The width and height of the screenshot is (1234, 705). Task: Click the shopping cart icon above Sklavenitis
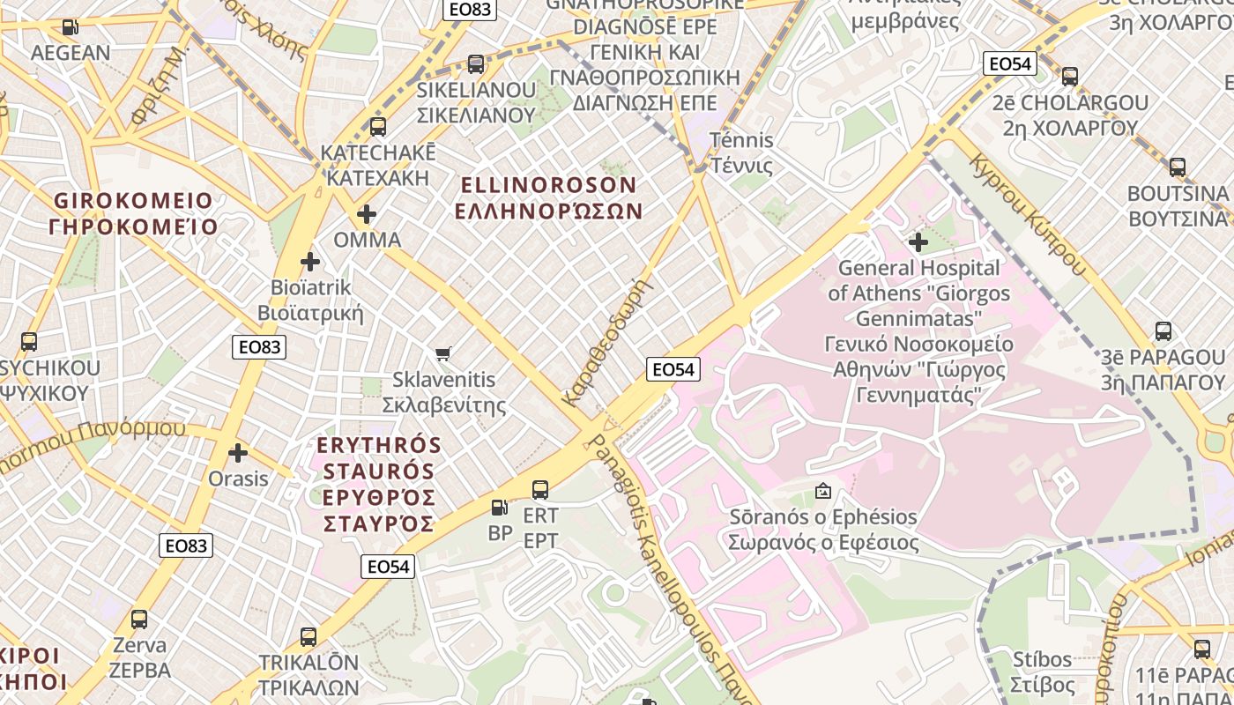pyautogui.click(x=443, y=353)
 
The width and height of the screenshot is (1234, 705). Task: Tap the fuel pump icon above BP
pyautogui.click(x=499, y=507)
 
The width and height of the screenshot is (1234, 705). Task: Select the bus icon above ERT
pyautogui.click(x=540, y=489)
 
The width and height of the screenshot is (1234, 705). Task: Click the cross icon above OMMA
pyautogui.click(x=367, y=214)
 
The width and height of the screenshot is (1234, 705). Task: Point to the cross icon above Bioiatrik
pyautogui.click(x=310, y=262)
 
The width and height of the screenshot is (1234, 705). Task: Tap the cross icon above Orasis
pyautogui.click(x=237, y=453)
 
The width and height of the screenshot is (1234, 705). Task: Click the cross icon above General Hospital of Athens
pyautogui.click(x=918, y=241)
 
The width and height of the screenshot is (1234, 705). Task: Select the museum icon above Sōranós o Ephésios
pyautogui.click(x=823, y=491)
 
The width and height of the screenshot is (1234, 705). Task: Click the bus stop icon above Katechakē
pyautogui.click(x=378, y=127)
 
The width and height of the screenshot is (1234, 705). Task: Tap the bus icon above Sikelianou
pyautogui.click(x=476, y=64)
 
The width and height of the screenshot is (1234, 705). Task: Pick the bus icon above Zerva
pyautogui.click(x=139, y=620)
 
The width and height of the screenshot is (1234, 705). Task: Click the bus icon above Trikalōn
pyautogui.click(x=308, y=636)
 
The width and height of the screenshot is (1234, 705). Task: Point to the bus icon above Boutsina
pyautogui.click(x=1177, y=167)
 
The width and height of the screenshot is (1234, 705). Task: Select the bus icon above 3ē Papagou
pyautogui.click(x=1163, y=331)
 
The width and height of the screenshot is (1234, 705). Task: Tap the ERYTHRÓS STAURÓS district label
pyautogui.click(x=377, y=484)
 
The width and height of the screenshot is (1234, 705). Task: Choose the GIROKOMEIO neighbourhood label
pyautogui.click(x=133, y=213)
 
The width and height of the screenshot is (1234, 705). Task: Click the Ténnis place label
pyautogui.click(x=741, y=152)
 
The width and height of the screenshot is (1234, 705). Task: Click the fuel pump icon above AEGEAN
pyautogui.click(x=71, y=27)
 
